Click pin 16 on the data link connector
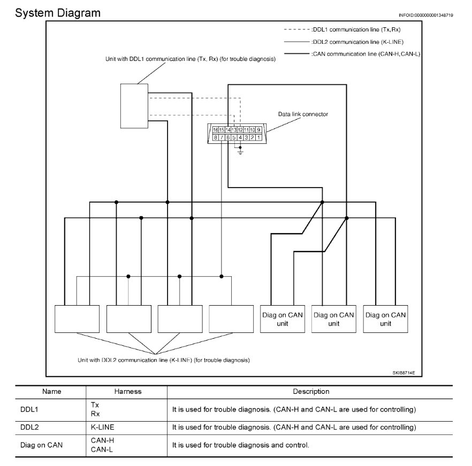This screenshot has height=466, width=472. pos(215,130)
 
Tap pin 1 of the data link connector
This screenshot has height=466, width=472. pos(259,137)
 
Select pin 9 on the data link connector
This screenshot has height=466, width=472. pos(259,130)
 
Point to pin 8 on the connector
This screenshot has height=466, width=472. pos(215,137)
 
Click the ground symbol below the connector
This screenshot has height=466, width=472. pos(240,153)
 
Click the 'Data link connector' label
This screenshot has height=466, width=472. pos(303,114)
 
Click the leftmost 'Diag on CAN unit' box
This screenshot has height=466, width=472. pos(282,319)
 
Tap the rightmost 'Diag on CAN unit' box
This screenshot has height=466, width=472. pos(385,319)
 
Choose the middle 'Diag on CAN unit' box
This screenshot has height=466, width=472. pos(333,319)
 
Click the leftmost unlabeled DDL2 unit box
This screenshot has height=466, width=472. pos(77,319)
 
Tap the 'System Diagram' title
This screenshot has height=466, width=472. pos(58,13)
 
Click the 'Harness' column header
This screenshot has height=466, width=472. pos(128,392)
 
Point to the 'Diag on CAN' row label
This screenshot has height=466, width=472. pos(41,445)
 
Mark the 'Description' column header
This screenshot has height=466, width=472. pos(311,392)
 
